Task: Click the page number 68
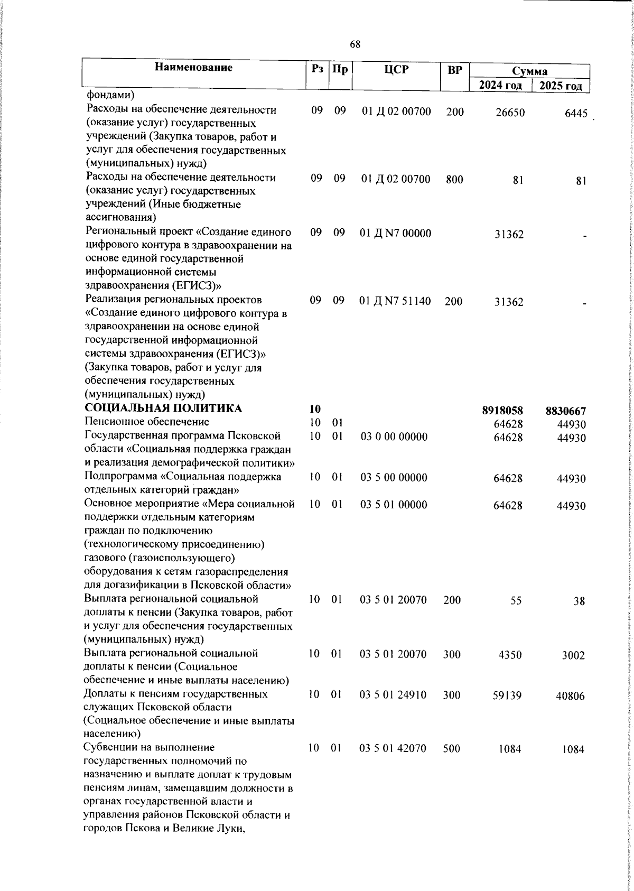[355, 45]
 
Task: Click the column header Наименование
[193, 67]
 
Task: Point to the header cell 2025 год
[561, 86]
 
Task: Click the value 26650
[510, 113]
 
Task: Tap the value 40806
[570, 697]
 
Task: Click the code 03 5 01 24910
[400, 695]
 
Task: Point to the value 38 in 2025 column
[579, 601]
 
